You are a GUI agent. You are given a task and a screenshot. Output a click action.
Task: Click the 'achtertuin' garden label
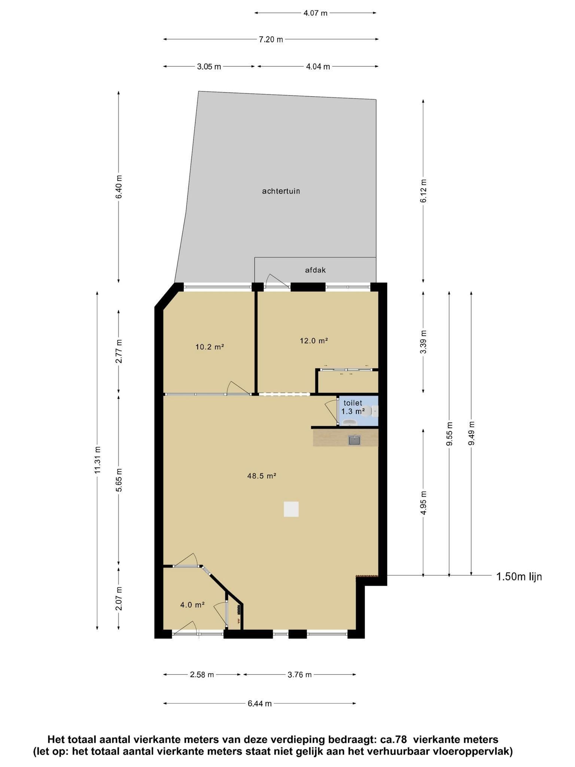281,191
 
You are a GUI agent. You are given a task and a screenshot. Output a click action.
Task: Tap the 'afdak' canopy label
315,270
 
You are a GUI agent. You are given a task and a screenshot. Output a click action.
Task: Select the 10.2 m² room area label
210,347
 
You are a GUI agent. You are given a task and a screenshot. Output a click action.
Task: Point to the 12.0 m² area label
314,341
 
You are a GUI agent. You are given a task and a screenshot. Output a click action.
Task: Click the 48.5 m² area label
262,476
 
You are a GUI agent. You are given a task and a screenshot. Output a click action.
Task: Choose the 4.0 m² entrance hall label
192,604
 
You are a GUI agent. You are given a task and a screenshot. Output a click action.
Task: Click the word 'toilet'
353,403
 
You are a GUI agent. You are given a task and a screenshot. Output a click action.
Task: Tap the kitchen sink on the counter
355,440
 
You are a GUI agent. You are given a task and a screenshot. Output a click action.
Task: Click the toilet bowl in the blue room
374,412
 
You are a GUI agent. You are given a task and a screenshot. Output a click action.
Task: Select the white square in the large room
291,509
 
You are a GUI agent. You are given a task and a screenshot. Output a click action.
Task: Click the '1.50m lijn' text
519,577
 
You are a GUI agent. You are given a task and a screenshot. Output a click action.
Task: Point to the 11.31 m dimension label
97,460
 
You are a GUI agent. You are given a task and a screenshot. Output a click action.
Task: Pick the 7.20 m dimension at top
271,39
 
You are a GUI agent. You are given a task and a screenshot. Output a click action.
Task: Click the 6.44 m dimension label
259,704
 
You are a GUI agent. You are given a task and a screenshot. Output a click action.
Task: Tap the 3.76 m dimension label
299,675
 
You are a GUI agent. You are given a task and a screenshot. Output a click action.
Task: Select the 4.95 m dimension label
423,503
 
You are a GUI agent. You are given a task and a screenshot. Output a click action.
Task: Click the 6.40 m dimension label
119,187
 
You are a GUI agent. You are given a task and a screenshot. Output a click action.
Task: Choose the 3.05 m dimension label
209,67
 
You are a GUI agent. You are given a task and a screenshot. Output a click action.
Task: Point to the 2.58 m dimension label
202,675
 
